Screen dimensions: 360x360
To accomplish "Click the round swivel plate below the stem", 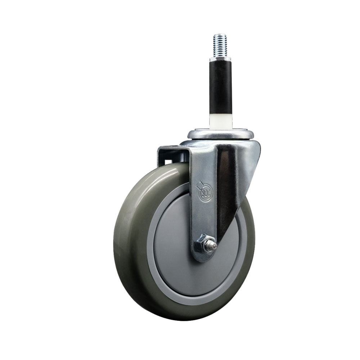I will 220,134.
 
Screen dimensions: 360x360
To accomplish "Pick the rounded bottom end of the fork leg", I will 203,257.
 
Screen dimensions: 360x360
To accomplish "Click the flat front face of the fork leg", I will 203,216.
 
